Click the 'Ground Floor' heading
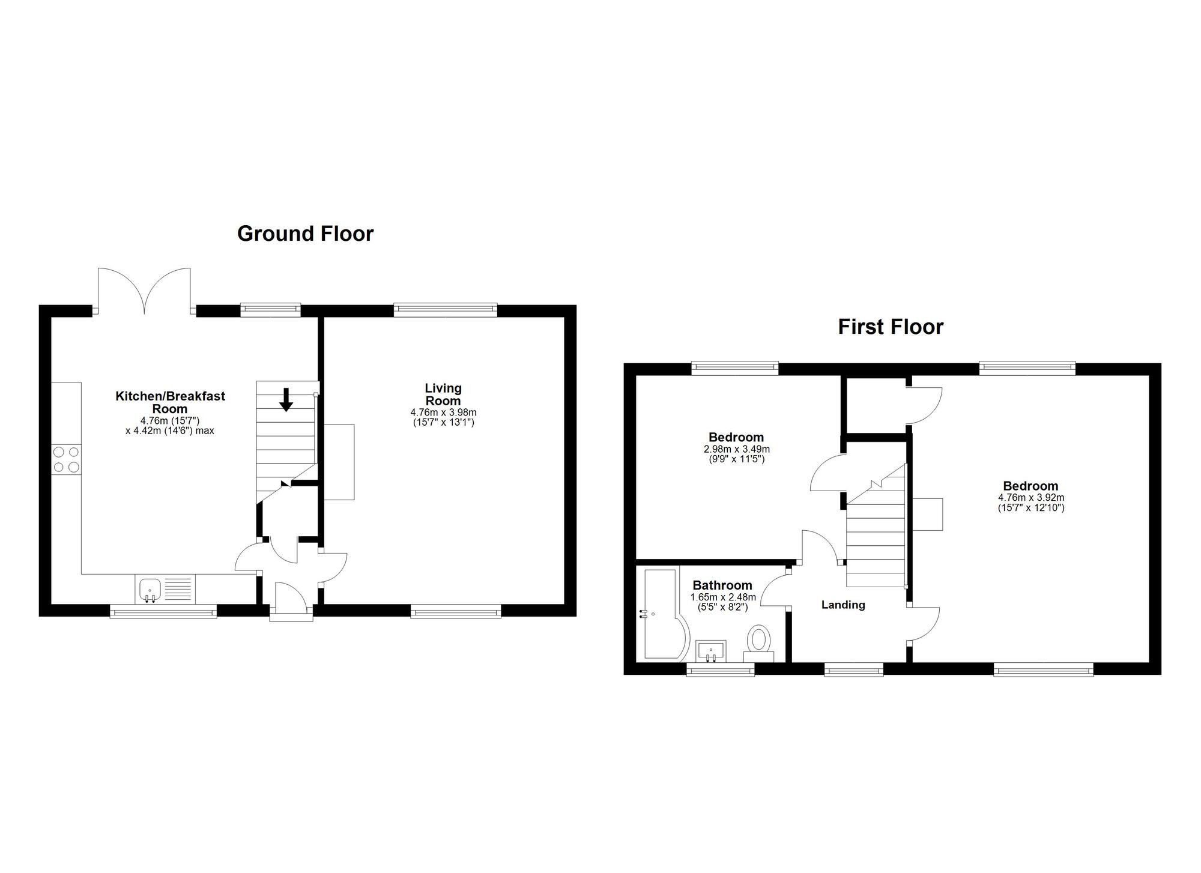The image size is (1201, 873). click(x=305, y=234)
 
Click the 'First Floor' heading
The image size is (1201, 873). click(x=891, y=327)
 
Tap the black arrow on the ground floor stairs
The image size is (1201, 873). click(x=286, y=399)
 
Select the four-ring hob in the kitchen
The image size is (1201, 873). click(x=66, y=459)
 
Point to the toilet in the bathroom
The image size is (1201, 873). click(x=760, y=643)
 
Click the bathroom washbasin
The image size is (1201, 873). click(x=712, y=651)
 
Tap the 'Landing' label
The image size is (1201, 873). click(x=843, y=605)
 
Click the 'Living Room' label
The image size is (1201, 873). click(x=443, y=394)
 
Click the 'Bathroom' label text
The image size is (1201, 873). click(x=722, y=585)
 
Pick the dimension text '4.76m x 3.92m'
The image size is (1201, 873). click(x=1031, y=498)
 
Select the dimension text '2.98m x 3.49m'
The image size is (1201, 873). click(x=736, y=449)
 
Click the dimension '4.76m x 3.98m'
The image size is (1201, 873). click(x=443, y=412)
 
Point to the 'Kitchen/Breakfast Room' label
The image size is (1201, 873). click(x=170, y=402)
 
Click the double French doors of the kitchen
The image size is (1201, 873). click(x=144, y=291)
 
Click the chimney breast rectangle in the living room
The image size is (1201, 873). click(x=339, y=462)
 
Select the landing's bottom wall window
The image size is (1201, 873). click(x=853, y=669)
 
